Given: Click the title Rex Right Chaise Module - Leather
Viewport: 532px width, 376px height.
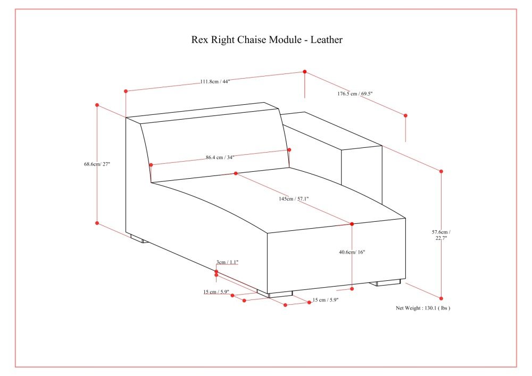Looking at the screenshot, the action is [x=267, y=40].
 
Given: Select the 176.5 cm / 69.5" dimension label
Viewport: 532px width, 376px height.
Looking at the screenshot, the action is [x=355, y=94].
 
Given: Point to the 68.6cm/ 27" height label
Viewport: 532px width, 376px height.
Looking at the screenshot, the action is [x=97, y=164].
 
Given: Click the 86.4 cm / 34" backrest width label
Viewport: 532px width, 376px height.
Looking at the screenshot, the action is [x=220, y=157].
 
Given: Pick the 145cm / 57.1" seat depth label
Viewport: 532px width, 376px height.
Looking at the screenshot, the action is [x=294, y=199].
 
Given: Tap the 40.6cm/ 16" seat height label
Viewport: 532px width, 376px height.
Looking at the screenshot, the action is [x=352, y=252].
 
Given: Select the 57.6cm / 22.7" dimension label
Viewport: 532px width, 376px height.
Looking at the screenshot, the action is [x=441, y=235].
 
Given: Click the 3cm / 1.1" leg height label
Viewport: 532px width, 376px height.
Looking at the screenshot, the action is [x=227, y=262].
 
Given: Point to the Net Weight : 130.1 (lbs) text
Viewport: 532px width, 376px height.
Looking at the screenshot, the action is [x=423, y=308].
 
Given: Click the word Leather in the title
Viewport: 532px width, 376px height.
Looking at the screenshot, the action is [x=327, y=40].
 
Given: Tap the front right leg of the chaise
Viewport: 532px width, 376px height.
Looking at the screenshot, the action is [x=387, y=282].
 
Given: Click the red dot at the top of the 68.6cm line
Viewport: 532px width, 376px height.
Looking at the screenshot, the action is [x=97, y=105].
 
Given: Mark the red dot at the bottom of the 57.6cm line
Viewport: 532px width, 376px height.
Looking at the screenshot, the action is [x=441, y=298].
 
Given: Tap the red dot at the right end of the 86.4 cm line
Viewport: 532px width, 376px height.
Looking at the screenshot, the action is [x=289, y=150].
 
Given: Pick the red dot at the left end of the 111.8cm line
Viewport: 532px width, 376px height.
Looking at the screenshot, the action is [x=126, y=91].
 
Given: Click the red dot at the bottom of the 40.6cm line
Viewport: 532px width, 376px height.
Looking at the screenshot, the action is [x=352, y=289].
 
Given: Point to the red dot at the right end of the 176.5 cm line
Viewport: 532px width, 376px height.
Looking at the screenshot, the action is [x=405, y=115].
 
